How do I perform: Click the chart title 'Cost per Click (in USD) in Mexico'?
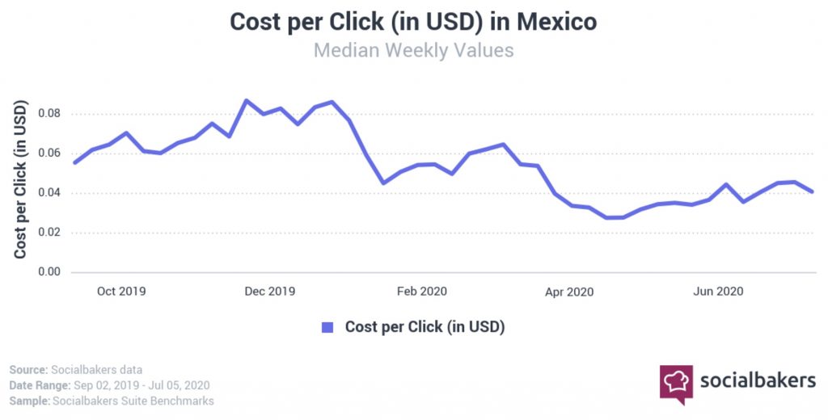coord(413,22)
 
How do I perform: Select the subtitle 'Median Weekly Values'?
coord(413,50)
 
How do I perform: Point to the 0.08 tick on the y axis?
coord(50,113)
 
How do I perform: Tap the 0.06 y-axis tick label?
coord(50,153)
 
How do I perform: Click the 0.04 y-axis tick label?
coord(50,192)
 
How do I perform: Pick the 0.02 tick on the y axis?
coord(50,233)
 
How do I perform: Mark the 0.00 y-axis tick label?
coord(50,272)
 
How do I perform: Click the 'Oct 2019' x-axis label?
coord(121,292)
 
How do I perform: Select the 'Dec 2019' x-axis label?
coord(270,292)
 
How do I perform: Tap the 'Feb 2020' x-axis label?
coord(421,292)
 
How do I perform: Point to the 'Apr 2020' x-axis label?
coord(569,292)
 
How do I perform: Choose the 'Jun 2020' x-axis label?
coord(719,292)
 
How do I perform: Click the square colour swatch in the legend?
coord(327,327)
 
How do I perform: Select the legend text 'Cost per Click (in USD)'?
coord(425,327)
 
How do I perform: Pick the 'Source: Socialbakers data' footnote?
coord(78,369)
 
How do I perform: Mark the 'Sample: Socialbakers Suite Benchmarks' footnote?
coord(112,401)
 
